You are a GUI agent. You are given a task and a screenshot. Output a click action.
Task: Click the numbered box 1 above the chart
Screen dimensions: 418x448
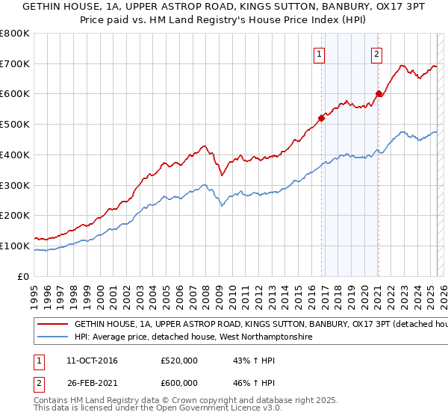coord(320,54)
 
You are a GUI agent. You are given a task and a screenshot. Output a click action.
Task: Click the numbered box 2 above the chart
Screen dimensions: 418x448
coord(376,54)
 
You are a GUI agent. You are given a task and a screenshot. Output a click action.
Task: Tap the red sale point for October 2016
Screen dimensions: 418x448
coord(322,117)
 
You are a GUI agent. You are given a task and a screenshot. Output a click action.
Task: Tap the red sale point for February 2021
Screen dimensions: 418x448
coord(379,93)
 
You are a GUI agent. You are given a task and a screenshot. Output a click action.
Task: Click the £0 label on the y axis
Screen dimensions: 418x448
coord(24,276)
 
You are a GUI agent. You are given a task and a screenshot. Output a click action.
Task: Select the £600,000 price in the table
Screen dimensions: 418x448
coord(179,383)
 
